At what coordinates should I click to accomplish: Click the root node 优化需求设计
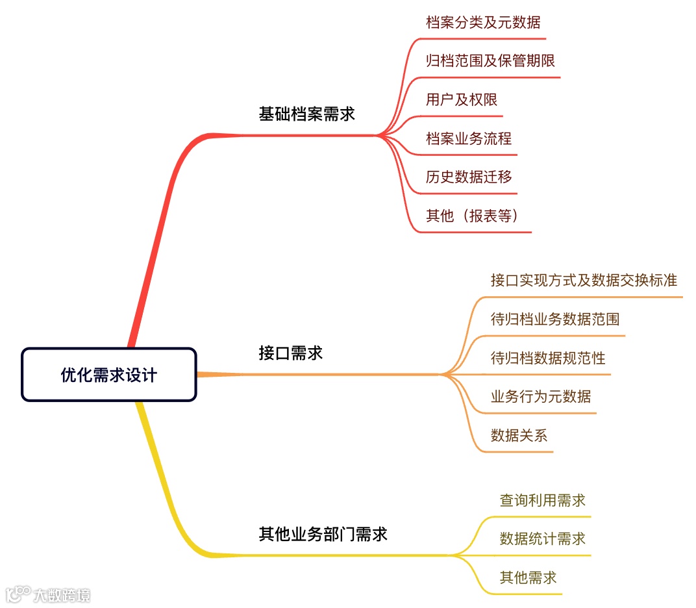(x=108, y=375)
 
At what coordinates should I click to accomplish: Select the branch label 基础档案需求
(x=306, y=114)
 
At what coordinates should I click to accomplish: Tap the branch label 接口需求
(x=290, y=353)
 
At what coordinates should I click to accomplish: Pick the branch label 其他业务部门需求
(x=323, y=534)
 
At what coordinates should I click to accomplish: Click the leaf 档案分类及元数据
(x=482, y=22)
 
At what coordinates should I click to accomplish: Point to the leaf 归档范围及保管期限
(x=490, y=61)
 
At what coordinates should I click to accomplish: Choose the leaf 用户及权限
(x=461, y=99)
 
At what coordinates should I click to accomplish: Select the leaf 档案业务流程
(x=468, y=138)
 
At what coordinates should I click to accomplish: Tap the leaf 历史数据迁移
(x=468, y=177)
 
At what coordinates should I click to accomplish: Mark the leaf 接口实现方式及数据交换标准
(x=583, y=280)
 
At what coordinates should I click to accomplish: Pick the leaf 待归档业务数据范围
(x=554, y=319)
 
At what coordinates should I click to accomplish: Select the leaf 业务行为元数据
(x=540, y=396)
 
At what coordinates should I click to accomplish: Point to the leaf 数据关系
(x=519, y=435)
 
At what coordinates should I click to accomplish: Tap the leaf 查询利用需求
(x=542, y=500)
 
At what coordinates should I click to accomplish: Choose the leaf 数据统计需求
(x=542, y=538)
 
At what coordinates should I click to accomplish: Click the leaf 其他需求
(x=528, y=577)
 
